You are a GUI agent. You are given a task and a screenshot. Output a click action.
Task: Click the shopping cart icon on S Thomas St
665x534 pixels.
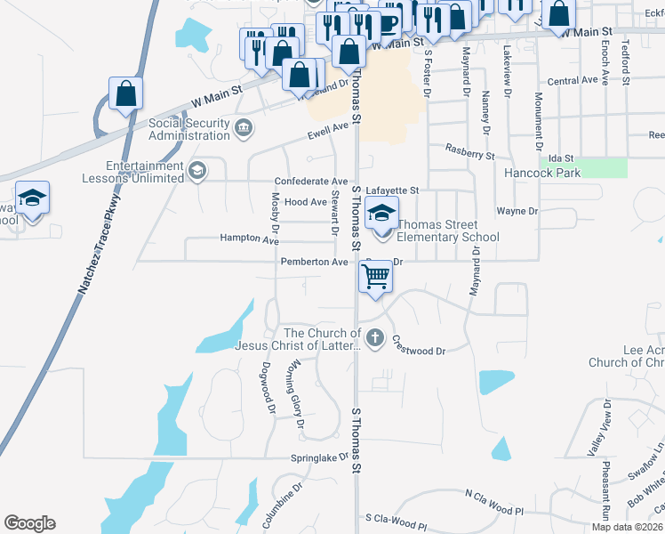(x=376, y=276)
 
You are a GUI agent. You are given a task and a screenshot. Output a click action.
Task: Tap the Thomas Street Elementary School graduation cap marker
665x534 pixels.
(x=382, y=214)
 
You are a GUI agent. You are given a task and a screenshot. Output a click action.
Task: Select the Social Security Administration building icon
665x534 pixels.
(x=242, y=129)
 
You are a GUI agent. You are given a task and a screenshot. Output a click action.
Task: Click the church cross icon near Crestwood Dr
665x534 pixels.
(x=375, y=338)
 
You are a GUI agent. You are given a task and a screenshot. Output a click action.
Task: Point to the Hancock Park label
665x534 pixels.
(x=541, y=173)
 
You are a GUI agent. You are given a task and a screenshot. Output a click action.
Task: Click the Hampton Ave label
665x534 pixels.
(x=250, y=239)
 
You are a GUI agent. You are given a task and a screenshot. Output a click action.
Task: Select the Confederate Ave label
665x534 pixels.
(x=310, y=181)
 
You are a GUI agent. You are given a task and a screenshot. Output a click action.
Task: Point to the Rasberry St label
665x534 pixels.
(x=469, y=153)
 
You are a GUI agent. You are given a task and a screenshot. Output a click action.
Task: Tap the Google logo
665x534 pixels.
(x=29, y=523)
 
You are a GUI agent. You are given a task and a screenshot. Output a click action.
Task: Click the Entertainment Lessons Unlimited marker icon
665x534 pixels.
(x=197, y=171)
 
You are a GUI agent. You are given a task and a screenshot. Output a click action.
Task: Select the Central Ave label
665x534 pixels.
(x=573, y=81)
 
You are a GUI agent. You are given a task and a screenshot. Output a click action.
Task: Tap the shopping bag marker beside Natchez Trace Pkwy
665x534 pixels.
(x=126, y=93)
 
